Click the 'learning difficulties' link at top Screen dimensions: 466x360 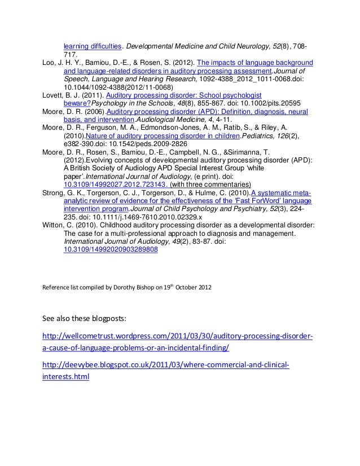(x=93, y=46)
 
